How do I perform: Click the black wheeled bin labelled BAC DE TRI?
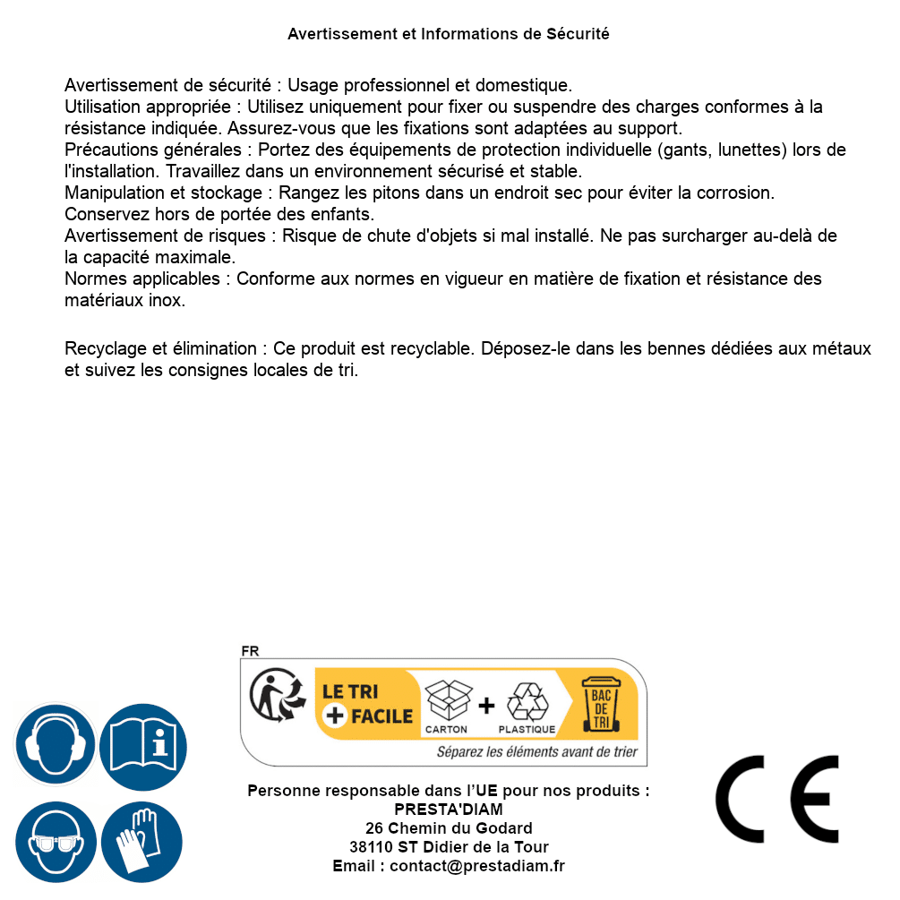coord(601,704)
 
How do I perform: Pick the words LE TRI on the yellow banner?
coord(349,691)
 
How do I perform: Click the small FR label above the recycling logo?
coord(250,651)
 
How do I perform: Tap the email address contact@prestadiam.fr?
coord(477,866)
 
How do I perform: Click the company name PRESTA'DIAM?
coord(449,810)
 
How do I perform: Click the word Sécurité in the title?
coord(578,34)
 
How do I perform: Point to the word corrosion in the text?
coord(741,193)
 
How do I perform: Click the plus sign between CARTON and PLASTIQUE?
coord(486,706)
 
